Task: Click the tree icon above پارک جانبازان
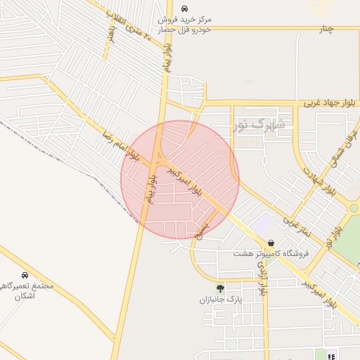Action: (x=221, y=288)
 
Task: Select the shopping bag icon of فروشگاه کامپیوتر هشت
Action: (x=271, y=243)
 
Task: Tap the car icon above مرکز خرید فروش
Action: (x=184, y=9)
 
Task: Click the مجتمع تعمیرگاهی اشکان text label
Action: (x=27, y=291)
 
